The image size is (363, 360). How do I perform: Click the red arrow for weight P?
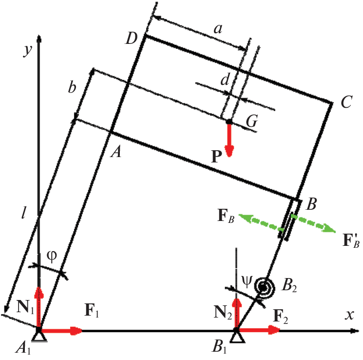(x=229, y=140)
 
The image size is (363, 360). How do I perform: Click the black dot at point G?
(x=229, y=121)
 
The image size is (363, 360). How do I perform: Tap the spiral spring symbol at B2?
(x=265, y=288)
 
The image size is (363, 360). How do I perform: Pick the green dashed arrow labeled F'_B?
(x=313, y=224)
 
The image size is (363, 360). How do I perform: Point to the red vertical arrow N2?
(x=236, y=313)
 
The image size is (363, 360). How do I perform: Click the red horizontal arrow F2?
(x=258, y=330)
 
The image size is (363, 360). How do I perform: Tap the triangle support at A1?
(x=39, y=337)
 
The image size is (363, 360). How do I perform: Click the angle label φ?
(x=52, y=257)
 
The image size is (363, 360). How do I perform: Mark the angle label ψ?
(x=247, y=281)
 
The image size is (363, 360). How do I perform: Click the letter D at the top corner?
(x=132, y=38)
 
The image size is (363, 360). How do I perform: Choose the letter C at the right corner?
(x=346, y=102)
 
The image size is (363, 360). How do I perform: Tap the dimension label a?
(x=218, y=29)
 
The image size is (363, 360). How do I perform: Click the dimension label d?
(x=225, y=80)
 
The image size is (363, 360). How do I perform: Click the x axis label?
(x=349, y=315)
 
